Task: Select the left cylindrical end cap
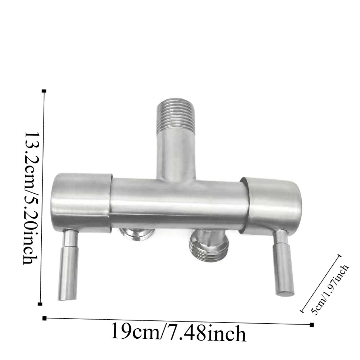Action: click(82, 203)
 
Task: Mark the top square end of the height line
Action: click(44, 91)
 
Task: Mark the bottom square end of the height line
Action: click(40, 304)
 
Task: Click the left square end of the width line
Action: click(45, 318)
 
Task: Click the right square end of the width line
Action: click(312, 325)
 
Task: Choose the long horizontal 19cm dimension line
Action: click(178, 321)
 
